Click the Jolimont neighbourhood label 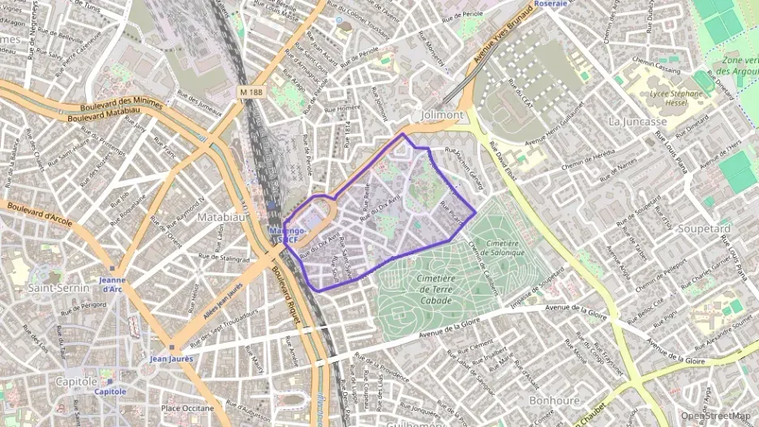point(442,115)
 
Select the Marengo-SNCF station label point(285,235)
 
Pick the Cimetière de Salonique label point(495,247)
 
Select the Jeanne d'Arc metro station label point(112,284)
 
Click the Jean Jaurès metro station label point(171,358)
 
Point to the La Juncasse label point(637,121)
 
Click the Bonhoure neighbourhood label point(554,400)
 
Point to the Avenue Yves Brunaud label point(500,36)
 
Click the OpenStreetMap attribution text point(717,416)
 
